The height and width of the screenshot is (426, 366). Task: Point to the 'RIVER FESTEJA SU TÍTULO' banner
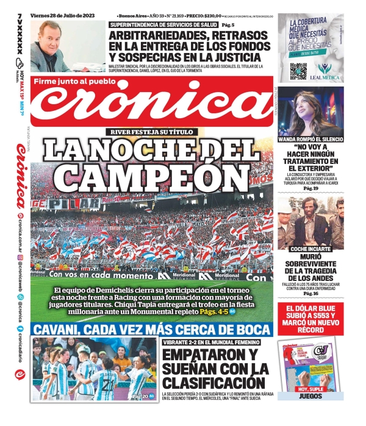coord(151,132)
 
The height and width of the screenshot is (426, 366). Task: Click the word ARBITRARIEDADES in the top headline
coord(159,36)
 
